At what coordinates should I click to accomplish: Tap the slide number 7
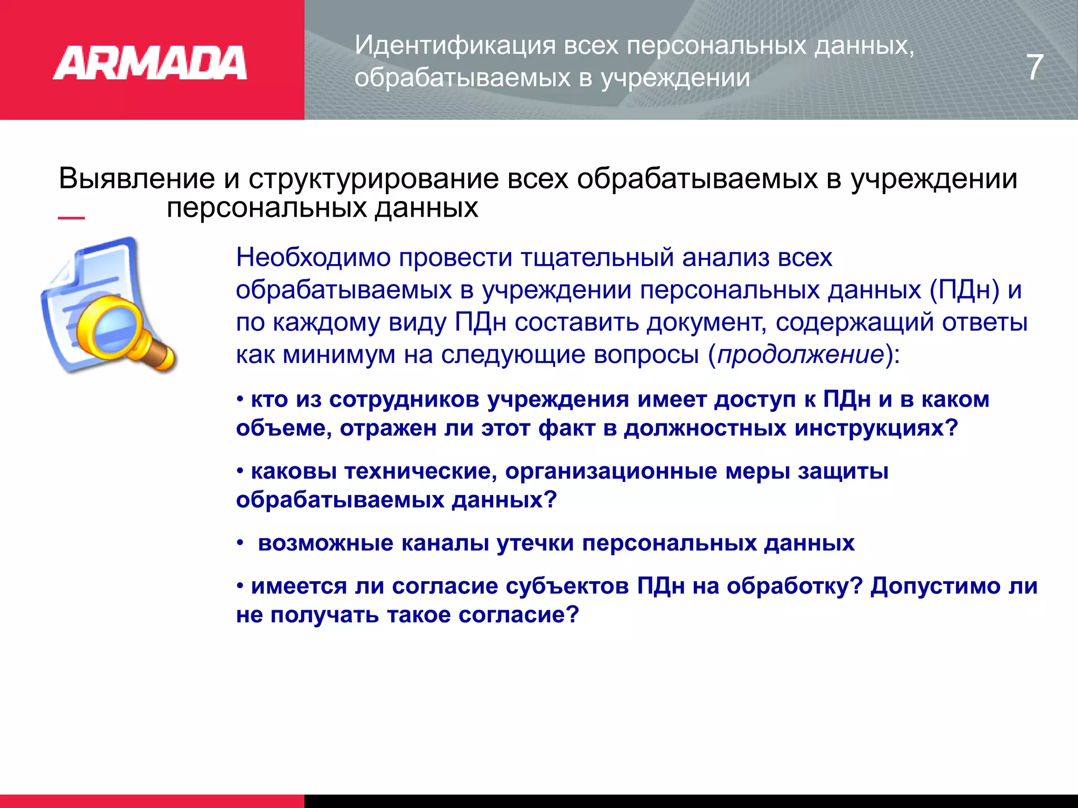click(x=1035, y=67)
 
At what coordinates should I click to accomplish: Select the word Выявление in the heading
click(x=137, y=179)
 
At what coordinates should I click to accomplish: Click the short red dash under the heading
click(x=71, y=217)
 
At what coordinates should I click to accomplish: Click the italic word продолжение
click(x=801, y=355)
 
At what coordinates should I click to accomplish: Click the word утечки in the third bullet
click(x=535, y=543)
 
